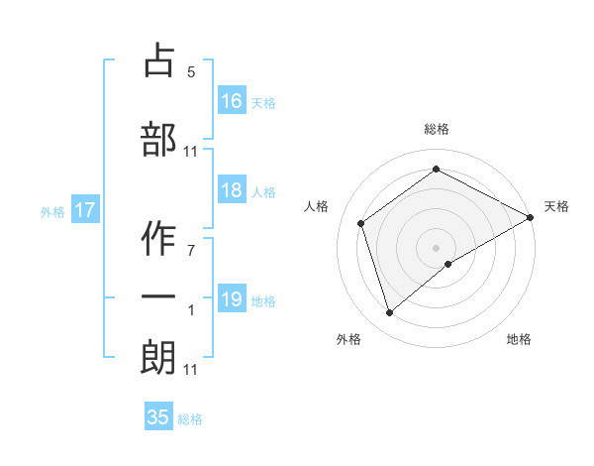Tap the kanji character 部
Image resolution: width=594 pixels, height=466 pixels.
click(x=158, y=139)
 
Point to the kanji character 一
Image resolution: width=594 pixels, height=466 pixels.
click(x=158, y=297)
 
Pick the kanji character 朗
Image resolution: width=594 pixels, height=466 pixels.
click(x=158, y=357)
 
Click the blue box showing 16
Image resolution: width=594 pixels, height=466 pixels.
click(x=232, y=100)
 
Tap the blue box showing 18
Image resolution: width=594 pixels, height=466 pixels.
click(x=232, y=191)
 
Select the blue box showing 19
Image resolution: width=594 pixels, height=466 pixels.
click(x=232, y=299)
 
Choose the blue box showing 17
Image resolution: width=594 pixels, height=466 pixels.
click(x=84, y=210)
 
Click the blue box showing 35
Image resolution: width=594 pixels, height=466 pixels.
click(x=158, y=417)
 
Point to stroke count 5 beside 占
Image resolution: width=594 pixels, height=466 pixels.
click(x=191, y=72)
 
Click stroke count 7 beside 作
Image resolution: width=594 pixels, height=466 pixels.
click(x=191, y=249)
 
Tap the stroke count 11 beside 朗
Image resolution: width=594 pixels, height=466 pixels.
click(x=191, y=370)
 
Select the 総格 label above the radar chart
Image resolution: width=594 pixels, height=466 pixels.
click(x=437, y=129)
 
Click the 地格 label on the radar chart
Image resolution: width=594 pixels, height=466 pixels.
click(x=519, y=339)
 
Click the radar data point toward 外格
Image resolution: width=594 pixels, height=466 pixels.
click(x=389, y=313)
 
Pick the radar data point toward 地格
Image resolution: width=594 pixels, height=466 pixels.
click(x=448, y=264)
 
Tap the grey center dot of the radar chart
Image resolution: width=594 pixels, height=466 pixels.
click(x=437, y=247)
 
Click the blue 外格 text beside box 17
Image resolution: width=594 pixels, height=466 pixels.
click(x=52, y=211)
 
